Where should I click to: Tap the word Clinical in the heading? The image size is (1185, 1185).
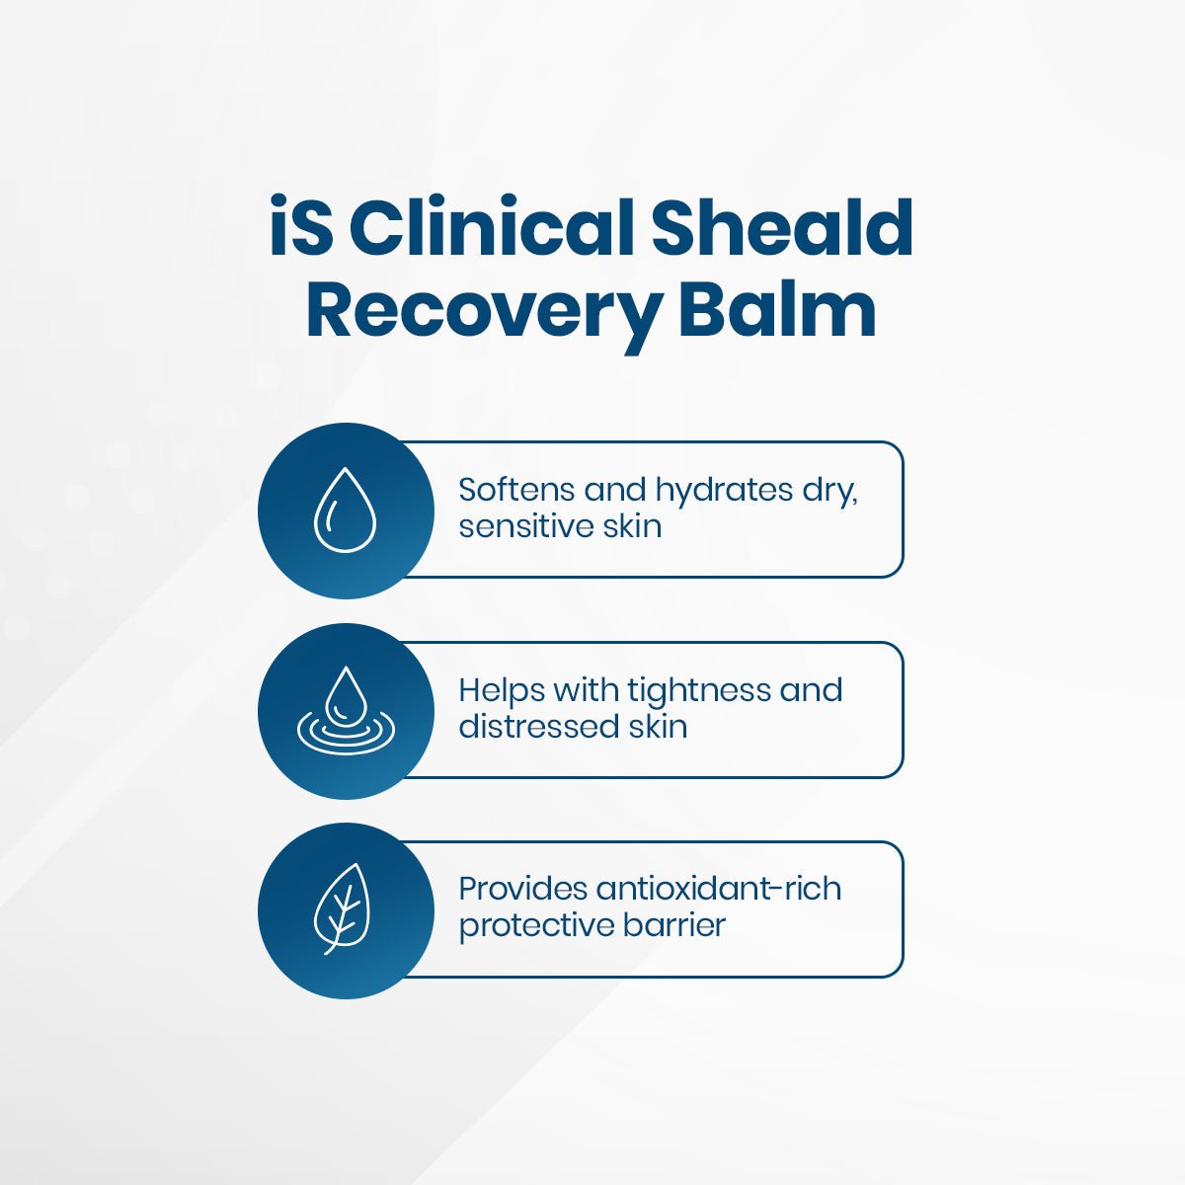490,229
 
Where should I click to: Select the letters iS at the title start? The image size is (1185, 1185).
302,229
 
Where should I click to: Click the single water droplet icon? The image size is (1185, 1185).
345,511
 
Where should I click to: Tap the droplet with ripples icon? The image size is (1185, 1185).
345,711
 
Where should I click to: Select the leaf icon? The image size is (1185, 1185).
342,909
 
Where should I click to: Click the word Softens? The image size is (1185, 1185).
515,490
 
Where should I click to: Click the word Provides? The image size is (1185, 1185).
522,889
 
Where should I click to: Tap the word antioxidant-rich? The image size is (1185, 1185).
718,889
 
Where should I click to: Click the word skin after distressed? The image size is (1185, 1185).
658,727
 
